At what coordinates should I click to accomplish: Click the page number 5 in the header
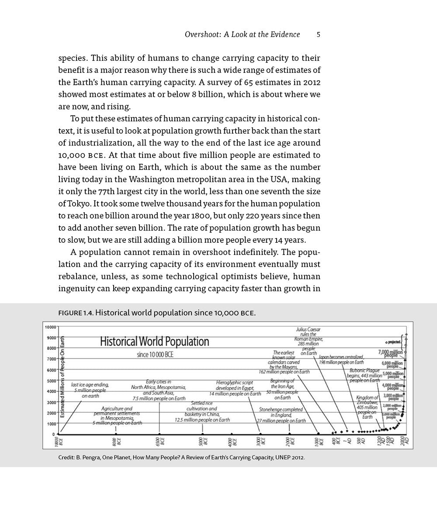pyautogui.click(x=319, y=34)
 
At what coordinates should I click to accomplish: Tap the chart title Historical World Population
pyautogui.click(x=155, y=341)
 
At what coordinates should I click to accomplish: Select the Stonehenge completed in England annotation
pyautogui.click(x=281, y=415)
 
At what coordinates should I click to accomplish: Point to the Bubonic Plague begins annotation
pyautogui.click(x=364, y=375)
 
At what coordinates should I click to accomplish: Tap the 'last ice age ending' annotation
pyautogui.click(x=90, y=390)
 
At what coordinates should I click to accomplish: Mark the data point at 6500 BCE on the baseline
pyautogui.click(x=159, y=434)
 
